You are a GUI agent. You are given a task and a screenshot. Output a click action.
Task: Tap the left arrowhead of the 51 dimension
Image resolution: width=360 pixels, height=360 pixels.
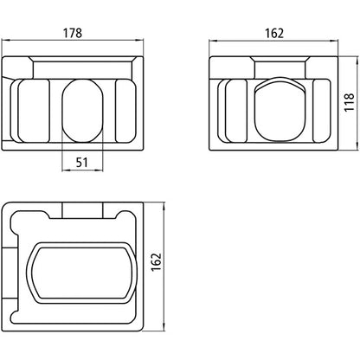(x=64, y=168)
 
